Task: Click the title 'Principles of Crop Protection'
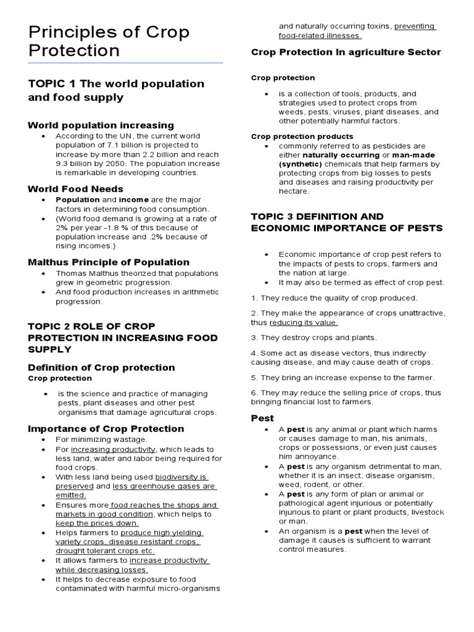click(x=109, y=41)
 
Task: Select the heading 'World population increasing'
click(x=101, y=125)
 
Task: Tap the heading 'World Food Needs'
click(x=76, y=189)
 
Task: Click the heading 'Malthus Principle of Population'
click(x=109, y=262)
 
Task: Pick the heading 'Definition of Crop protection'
click(x=102, y=367)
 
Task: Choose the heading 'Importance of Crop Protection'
click(x=106, y=428)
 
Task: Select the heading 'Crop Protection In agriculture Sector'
click(x=346, y=52)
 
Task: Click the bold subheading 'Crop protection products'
click(x=302, y=136)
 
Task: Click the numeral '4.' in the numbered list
click(x=254, y=352)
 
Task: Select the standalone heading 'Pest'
click(x=262, y=418)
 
